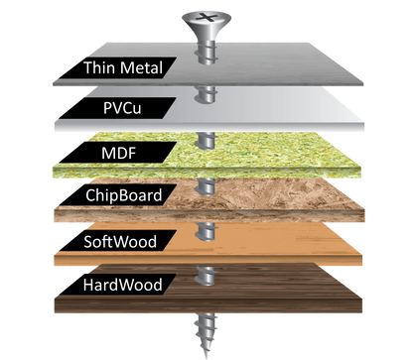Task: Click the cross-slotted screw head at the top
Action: [x=205, y=18]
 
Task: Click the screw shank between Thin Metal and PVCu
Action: [x=206, y=94]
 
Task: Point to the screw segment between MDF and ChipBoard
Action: [x=206, y=184]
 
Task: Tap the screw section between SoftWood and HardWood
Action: [x=206, y=274]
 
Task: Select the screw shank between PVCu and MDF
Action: [x=206, y=138]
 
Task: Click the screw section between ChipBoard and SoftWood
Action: [x=206, y=230]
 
